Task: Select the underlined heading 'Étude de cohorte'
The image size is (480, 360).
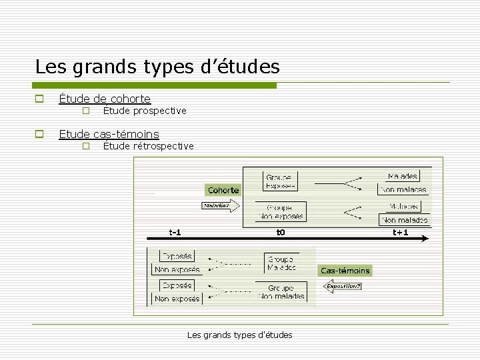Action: pyautogui.click(x=105, y=99)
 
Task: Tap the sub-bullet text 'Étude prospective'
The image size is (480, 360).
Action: pyautogui.click(x=145, y=111)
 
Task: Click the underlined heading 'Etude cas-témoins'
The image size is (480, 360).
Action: pyautogui.click(x=109, y=134)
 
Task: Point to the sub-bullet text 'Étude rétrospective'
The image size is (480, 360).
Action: pyautogui.click(x=149, y=146)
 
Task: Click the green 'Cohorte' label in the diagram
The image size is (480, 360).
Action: pyautogui.click(x=223, y=190)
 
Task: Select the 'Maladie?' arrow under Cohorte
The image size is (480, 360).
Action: pyautogui.click(x=217, y=205)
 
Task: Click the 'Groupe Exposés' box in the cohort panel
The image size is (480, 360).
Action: pyautogui.click(x=281, y=181)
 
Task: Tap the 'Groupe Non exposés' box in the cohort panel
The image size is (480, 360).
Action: pyautogui.click(x=281, y=211)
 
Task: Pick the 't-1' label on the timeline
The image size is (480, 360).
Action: pyautogui.click(x=175, y=233)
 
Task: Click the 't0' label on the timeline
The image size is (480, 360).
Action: pyautogui.click(x=281, y=233)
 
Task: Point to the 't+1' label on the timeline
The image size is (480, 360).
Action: pyautogui.click(x=400, y=233)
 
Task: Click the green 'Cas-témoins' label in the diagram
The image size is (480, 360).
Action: pyautogui.click(x=345, y=270)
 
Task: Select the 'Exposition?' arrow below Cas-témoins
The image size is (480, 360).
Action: pyautogui.click(x=343, y=286)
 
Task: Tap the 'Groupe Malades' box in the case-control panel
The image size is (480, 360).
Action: pyautogui.click(x=281, y=263)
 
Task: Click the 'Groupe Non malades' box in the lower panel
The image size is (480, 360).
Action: pyautogui.click(x=281, y=292)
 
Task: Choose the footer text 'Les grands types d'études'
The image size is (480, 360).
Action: pyautogui.click(x=240, y=335)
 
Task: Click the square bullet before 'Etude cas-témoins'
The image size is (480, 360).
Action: pyautogui.click(x=39, y=134)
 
